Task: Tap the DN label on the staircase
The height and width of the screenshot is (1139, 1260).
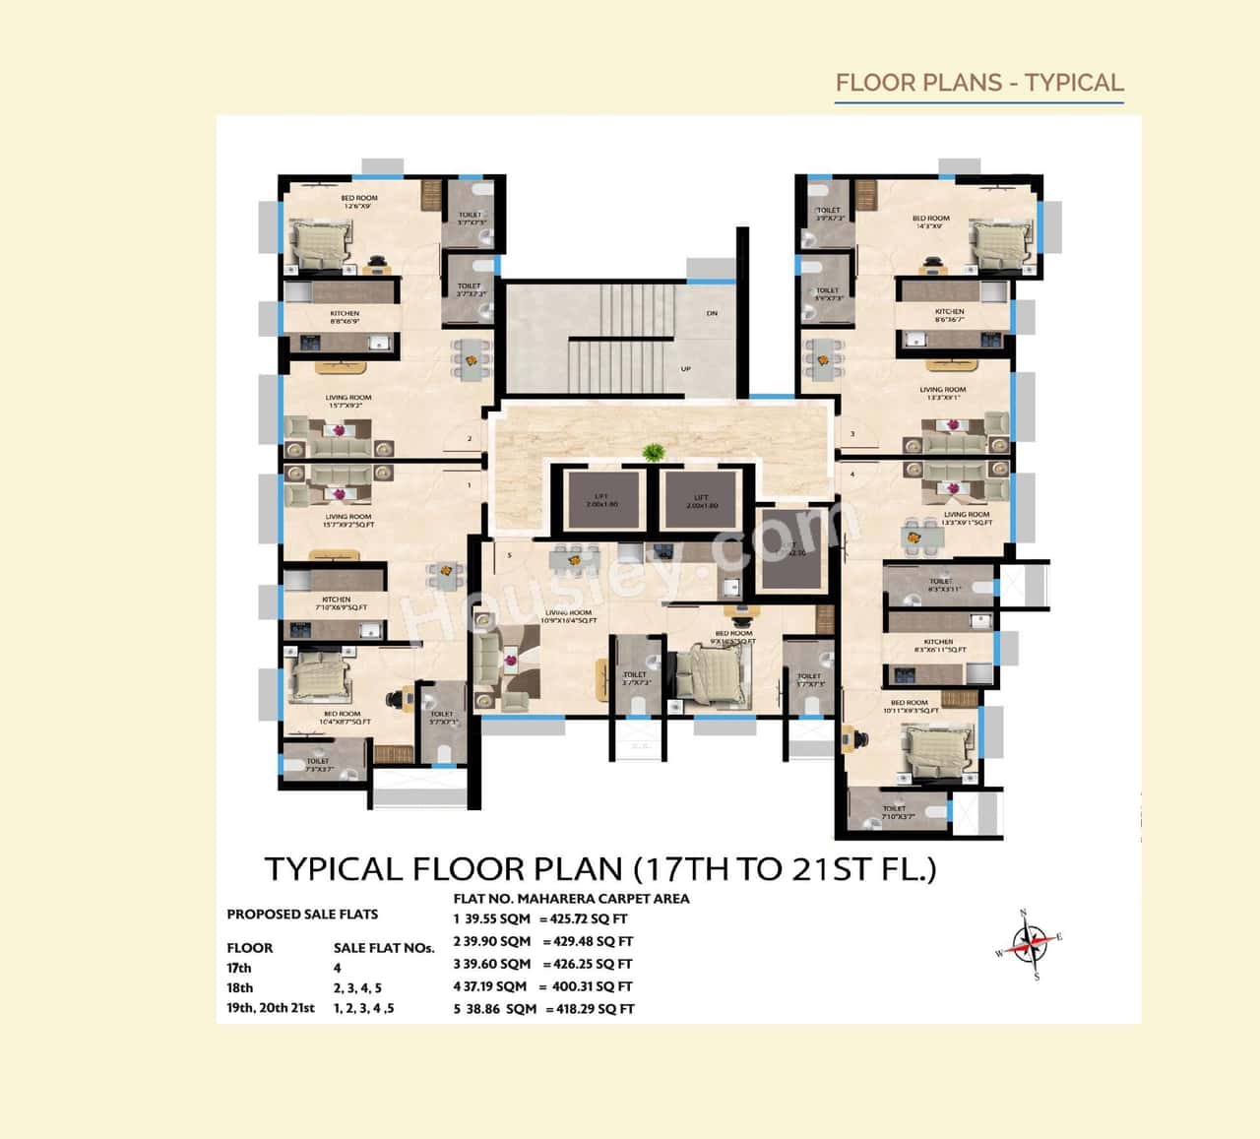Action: pyautogui.click(x=712, y=313)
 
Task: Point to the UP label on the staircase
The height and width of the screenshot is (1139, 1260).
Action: pyautogui.click(x=686, y=369)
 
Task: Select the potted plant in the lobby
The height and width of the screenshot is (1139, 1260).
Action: pyautogui.click(x=652, y=453)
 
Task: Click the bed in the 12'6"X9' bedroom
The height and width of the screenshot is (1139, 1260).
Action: pyautogui.click(x=321, y=242)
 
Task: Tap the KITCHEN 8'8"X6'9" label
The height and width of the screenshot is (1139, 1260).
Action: pyautogui.click(x=345, y=317)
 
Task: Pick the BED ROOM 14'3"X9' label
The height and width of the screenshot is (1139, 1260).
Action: pyautogui.click(x=930, y=222)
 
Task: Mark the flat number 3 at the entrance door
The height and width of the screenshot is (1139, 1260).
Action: pyautogui.click(x=852, y=433)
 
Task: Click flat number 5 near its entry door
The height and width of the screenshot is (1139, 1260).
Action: pyautogui.click(x=509, y=555)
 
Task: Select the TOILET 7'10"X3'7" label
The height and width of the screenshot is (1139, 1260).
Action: pyautogui.click(x=894, y=812)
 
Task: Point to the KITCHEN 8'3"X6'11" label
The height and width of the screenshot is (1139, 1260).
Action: pyautogui.click(x=939, y=646)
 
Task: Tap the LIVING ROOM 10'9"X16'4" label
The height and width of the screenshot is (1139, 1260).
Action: pyautogui.click(x=568, y=616)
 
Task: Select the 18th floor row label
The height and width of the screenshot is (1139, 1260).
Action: pyautogui.click(x=240, y=987)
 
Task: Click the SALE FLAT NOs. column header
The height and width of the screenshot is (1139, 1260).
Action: pyautogui.click(x=384, y=948)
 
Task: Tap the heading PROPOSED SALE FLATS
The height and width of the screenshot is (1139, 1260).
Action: pyautogui.click(x=302, y=914)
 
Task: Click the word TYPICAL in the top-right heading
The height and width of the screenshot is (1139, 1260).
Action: pyautogui.click(x=1074, y=83)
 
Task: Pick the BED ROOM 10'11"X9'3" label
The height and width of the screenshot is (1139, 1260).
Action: pyautogui.click(x=910, y=706)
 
